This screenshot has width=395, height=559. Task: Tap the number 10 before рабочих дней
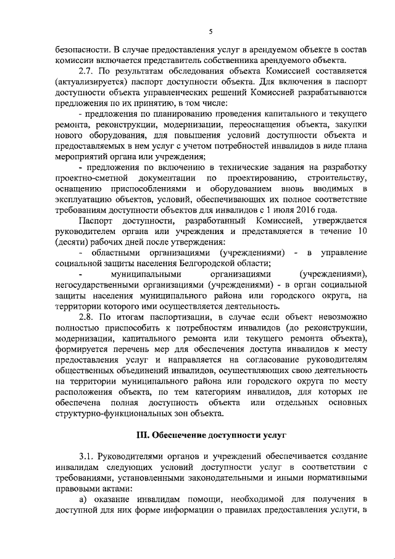[x=362, y=231]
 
